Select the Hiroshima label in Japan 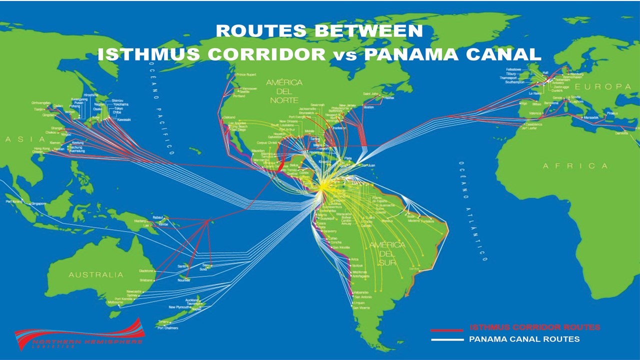(90, 95)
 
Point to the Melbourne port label (114, 302)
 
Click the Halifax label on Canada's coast (387, 97)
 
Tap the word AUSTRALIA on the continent (95, 274)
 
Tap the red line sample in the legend (446, 329)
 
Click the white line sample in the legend (446, 339)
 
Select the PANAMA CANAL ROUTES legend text (524, 339)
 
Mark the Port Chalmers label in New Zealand (168, 328)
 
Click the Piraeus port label (612, 113)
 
